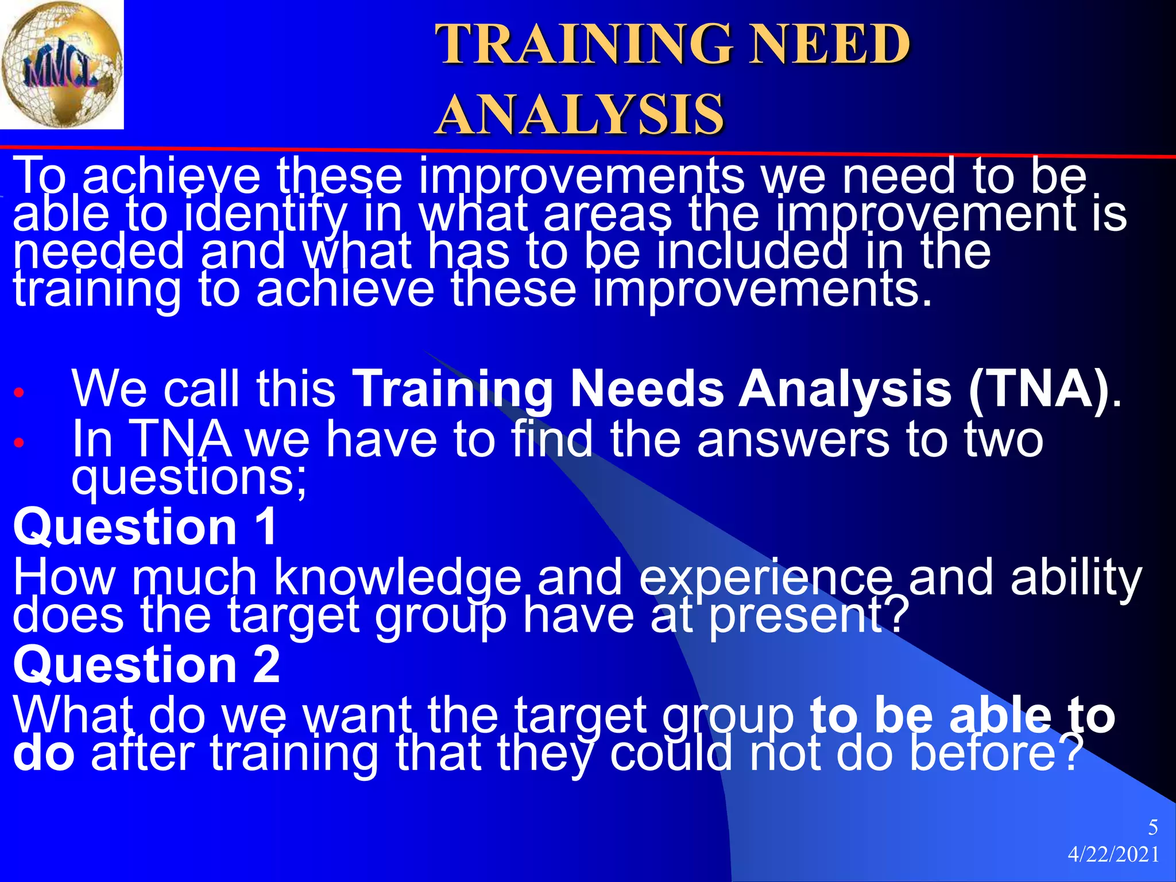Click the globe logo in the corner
click(x=61, y=64)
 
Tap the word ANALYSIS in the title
click(x=580, y=115)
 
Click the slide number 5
click(x=1152, y=827)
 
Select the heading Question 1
click(x=145, y=527)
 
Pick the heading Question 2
click(x=146, y=664)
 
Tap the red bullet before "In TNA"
click(x=19, y=443)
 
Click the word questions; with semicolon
click(x=189, y=478)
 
